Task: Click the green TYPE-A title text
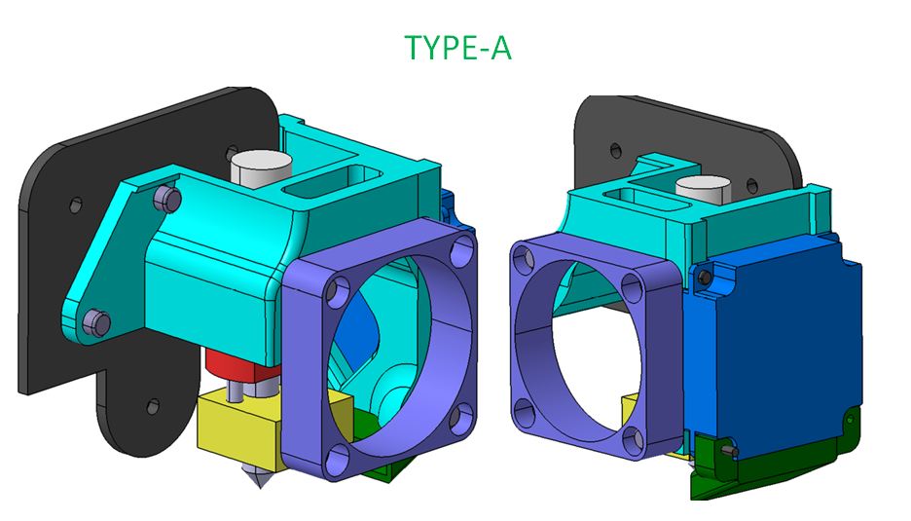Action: point(457,47)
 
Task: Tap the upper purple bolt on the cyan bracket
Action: point(167,198)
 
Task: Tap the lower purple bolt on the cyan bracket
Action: point(96,321)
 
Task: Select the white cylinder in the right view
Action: point(703,190)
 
